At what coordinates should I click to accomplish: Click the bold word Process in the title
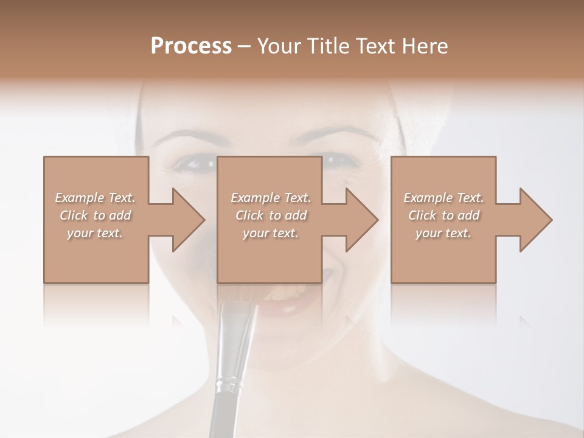(191, 46)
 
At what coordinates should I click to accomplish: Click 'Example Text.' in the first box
(95, 198)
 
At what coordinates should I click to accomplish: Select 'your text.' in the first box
(95, 233)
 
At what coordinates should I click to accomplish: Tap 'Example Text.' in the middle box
(271, 198)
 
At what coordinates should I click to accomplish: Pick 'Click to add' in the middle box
(271, 215)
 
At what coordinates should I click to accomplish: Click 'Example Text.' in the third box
(443, 198)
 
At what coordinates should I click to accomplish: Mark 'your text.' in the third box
(443, 233)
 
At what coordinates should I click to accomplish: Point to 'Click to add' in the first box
(95, 215)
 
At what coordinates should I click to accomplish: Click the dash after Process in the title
(244, 47)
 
